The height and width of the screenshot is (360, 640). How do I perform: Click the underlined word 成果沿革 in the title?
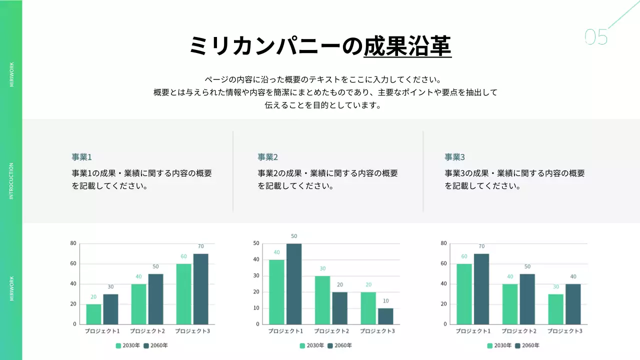(x=407, y=46)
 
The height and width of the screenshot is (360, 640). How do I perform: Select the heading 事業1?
(x=81, y=157)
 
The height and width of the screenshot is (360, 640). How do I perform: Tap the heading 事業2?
(x=267, y=157)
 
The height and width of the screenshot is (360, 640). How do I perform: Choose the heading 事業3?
(x=454, y=157)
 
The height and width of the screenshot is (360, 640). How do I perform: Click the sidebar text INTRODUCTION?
(x=11, y=181)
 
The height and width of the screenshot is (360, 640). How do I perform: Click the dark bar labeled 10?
(x=385, y=316)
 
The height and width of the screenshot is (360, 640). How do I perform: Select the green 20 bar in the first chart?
(x=93, y=314)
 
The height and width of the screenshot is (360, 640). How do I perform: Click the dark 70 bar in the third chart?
(x=481, y=289)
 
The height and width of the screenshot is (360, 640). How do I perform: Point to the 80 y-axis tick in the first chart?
(x=73, y=243)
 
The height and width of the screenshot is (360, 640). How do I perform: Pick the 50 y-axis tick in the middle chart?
(x=256, y=243)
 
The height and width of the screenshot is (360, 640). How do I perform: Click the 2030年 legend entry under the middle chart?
(x=312, y=345)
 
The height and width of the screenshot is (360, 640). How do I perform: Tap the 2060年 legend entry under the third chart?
(x=527, y=345)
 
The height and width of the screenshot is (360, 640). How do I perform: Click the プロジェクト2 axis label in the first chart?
(x=147, y=331)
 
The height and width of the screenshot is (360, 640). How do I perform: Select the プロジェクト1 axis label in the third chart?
(x=472, y=331)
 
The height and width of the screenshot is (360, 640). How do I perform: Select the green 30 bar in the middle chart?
(x=322, y=300)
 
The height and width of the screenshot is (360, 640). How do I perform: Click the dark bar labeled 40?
(x=573, y=304)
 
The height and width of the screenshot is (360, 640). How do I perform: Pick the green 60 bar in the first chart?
(x=183, y=294)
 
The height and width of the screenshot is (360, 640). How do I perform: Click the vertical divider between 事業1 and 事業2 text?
(x=233, y=171)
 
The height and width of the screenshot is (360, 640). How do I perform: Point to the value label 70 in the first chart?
(x=200, y=246)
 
